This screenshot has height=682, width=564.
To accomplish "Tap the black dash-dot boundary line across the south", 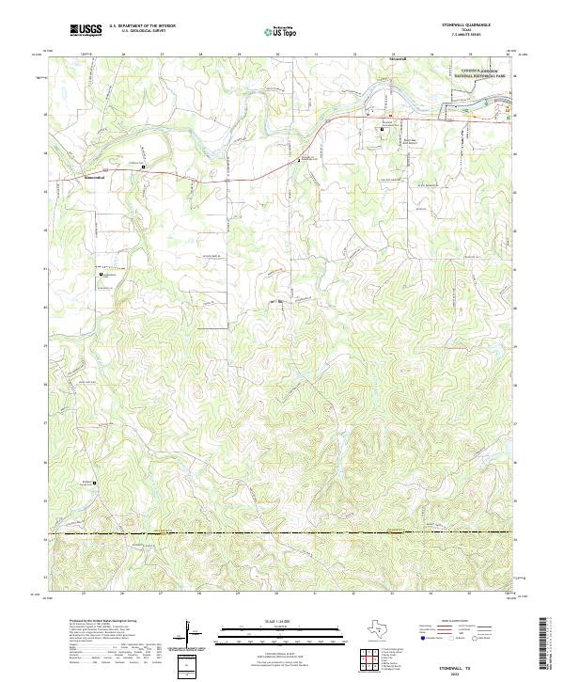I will point(282,534).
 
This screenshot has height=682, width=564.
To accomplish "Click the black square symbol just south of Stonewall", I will point(382,126).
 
